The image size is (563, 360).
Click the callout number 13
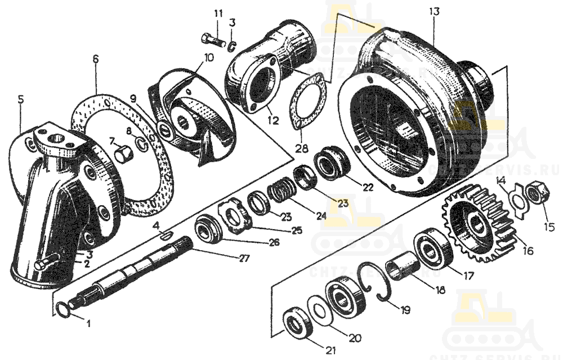[x=433, y=12]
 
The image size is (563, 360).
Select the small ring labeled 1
[x=65, y=309]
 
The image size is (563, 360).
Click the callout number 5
[x=21, y=100]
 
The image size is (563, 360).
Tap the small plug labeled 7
[x=123, y=152]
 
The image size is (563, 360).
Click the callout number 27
[x=244, y=259]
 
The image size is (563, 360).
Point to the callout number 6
[x=95, y=58]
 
